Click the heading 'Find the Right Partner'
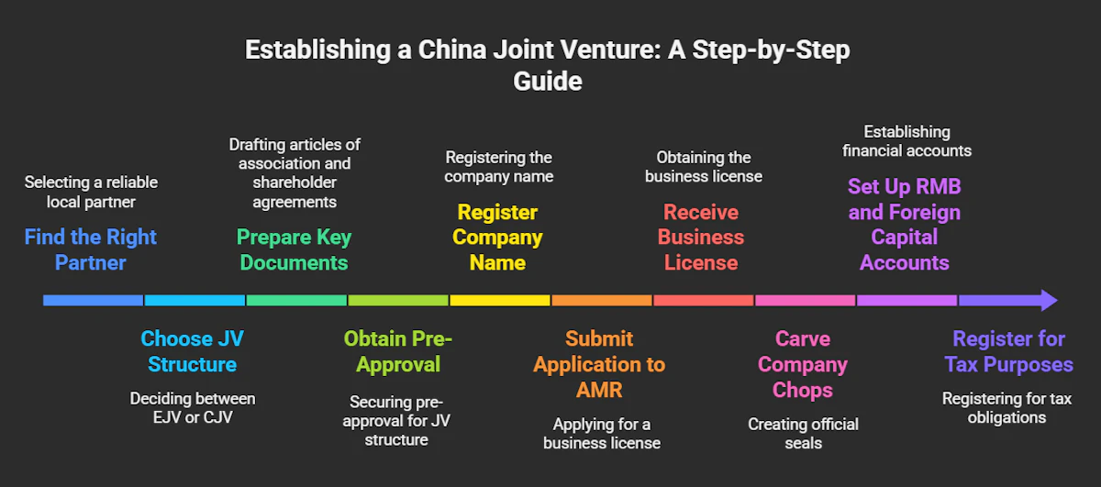pos(91,250)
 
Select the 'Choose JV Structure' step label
pos(192,351)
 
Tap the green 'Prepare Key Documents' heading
pos(294,250)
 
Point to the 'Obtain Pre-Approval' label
pos(397,351)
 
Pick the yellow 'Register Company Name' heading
pos(498,238)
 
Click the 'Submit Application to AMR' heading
pos(600,364)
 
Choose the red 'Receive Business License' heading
pos(701,238)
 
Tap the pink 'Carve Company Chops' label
pos(803,364)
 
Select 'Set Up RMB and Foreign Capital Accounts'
pos(904,225)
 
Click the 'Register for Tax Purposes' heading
pos(1008,351)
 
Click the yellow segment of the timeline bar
pos(499,300)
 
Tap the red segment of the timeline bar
pos(704,300)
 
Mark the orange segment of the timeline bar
pos(602,300)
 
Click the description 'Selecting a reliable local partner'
pos(91,192)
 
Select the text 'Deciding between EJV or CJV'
pos(192,408)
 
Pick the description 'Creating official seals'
pos(803,433)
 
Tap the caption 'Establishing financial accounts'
pos(906,141)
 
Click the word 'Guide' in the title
pos(547,81)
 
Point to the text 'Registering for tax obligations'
pos(1007,408)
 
